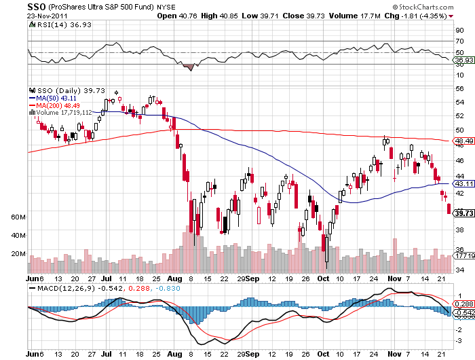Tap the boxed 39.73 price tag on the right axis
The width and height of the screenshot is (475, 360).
[x=463, y=213]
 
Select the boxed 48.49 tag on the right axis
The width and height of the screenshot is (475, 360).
[x=463, y=141]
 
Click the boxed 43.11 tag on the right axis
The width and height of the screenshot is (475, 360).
[x=463, y=184]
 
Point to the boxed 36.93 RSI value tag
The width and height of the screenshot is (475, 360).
[x=463, y=60]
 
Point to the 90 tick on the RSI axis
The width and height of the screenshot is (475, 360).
[x=459, y=30]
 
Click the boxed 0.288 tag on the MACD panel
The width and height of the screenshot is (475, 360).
[x=463, y=304]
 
